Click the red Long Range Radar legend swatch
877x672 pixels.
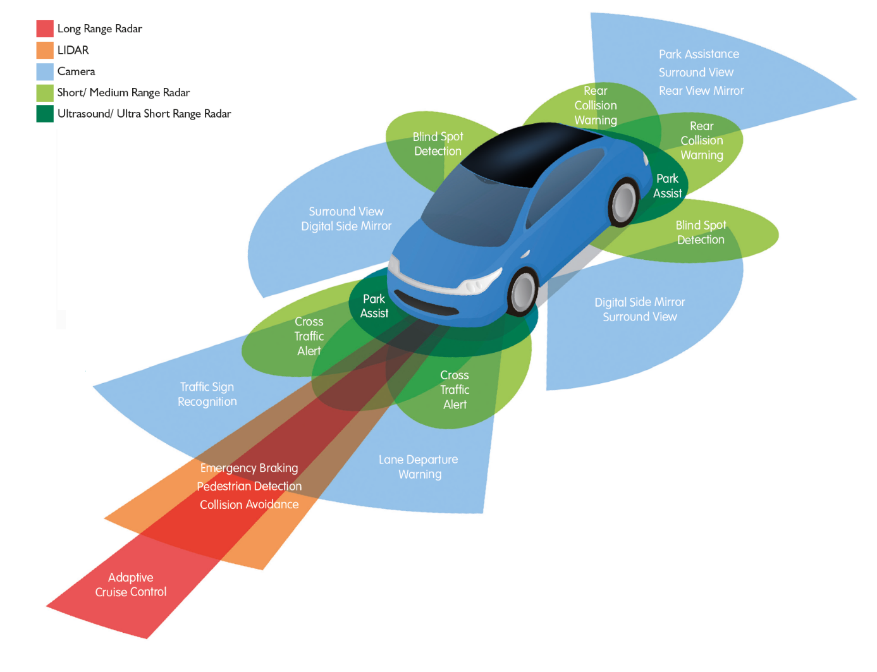coord(45,28)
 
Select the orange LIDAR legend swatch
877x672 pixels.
coord(45,50)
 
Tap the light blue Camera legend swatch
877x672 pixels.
coord(45,71)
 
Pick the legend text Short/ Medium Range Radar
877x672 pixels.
coord(123,92)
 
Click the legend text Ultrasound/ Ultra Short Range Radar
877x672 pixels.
coord(144,114)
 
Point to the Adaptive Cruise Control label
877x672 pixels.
coord(131,585)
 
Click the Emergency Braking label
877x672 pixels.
coord(249,468)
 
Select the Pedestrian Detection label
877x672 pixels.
coord(249,486)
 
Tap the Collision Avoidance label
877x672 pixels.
coord(249,504)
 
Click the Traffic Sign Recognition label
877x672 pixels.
coord(207,394)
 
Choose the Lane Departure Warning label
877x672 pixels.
coord(419,467)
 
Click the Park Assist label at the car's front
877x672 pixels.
coord(374,306)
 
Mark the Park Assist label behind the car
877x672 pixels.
coord(668,186)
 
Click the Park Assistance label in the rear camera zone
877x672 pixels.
coord(699,54)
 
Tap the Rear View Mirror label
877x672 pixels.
coord(701,91)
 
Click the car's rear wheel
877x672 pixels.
coord(623,202)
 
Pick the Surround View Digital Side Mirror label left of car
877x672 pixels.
coord(346,219)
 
